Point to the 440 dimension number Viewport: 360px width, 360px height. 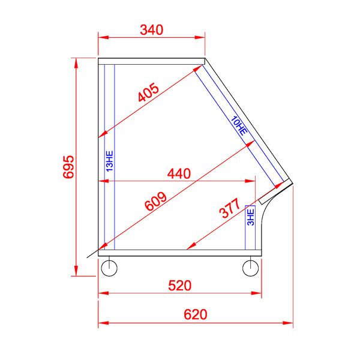(178, 174)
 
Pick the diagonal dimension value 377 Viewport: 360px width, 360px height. (230, 209)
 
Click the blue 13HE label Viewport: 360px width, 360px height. (109, 161)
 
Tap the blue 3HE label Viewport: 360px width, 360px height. (251, 216)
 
